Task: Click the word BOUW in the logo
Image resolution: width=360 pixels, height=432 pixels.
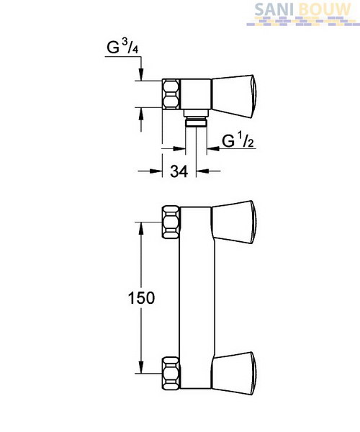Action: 325,10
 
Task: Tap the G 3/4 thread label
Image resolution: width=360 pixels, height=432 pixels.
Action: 122,47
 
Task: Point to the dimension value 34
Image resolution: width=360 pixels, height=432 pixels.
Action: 179,171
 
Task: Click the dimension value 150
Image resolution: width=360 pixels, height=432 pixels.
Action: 142,298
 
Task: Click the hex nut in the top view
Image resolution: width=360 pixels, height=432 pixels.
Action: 171,94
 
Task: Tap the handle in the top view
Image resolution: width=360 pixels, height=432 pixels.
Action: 233,96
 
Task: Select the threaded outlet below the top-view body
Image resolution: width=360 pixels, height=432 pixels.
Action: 196,118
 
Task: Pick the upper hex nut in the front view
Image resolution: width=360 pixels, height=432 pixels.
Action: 171,222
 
